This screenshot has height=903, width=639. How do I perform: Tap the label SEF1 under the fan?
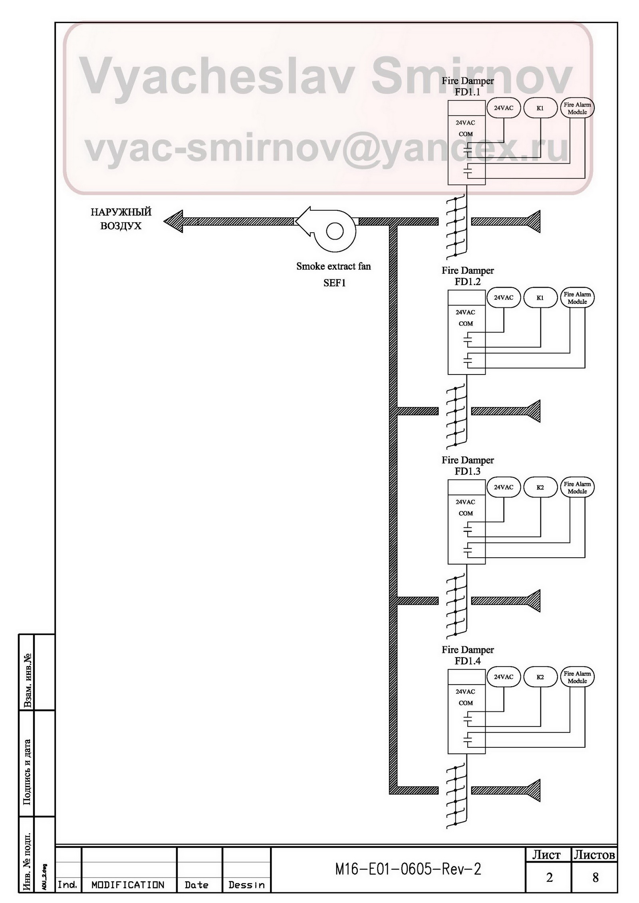[x=334, y=283]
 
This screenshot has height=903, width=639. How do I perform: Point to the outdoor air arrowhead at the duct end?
[x=174, y=222]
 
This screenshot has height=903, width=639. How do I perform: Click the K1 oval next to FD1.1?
[x=540, y=108]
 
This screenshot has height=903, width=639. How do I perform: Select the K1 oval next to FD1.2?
[x=540, y=297]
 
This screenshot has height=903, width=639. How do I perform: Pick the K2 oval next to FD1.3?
[x=540, y=487]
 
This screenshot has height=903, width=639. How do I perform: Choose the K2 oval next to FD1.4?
[x=540, y=677]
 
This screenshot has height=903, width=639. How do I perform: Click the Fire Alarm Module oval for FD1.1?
[x=577, y=108]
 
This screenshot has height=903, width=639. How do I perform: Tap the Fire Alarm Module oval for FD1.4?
[x=577, y=677]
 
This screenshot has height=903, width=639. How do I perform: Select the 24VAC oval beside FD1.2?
[x=504, y=297]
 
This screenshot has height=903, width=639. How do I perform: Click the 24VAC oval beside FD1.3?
[x=504, y=487]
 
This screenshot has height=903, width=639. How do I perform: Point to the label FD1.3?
[x=467, y=471]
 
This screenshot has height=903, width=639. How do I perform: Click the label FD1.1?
[x=467, y=92]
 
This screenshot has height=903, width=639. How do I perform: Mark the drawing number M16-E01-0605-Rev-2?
[x=408, y=869]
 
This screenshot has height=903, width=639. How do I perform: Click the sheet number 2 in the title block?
[x=549, y=877]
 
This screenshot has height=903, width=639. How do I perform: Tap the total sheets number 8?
[x=595, y=877]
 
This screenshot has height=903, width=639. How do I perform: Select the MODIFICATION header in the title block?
[x=128, y=885]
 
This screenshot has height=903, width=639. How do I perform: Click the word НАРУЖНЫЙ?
[x=121, y=212]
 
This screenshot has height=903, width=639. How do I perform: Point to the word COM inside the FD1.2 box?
[x=466, y=324]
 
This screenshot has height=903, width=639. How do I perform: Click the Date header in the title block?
[x=196, y=885]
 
